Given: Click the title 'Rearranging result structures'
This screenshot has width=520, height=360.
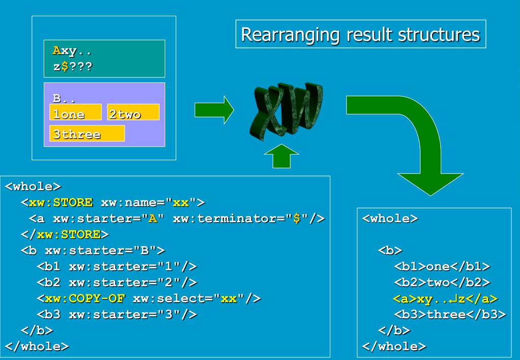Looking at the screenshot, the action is point(360,34).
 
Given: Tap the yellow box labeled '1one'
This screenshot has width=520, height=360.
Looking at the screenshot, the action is point(75,112).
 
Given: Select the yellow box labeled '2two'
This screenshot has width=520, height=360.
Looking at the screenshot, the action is point(133,112).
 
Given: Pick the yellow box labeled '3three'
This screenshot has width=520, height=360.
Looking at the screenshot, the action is point(87,133).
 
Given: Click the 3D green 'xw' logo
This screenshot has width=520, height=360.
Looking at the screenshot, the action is point(286,110).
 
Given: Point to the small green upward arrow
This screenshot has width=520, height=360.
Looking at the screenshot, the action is point(282,156).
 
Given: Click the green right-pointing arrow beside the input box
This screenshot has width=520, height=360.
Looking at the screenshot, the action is point(214,110).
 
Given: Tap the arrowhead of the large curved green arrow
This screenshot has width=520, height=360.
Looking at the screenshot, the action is point(431,184).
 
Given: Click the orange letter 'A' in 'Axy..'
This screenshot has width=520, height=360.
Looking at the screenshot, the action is point(57,50).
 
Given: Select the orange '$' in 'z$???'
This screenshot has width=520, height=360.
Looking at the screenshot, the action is point(65,67).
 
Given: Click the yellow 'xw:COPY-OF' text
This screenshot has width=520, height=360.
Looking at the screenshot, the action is point(84,298).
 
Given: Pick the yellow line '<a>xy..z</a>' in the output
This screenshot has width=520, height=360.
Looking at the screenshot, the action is point(445,299).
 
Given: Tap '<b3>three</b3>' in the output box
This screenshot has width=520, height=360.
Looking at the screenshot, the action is point(450,315).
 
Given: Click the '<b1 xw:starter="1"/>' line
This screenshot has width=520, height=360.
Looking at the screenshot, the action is point(117,266).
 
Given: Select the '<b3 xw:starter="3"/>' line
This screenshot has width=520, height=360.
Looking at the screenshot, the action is point(117,315).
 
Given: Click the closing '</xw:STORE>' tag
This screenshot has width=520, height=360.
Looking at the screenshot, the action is point(65,234).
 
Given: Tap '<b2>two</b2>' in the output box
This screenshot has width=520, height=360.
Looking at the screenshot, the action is point(442,282).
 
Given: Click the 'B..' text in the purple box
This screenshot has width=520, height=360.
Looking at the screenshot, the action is point(64,98).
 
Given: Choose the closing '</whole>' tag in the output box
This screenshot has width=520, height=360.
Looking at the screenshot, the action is point(394,346).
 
